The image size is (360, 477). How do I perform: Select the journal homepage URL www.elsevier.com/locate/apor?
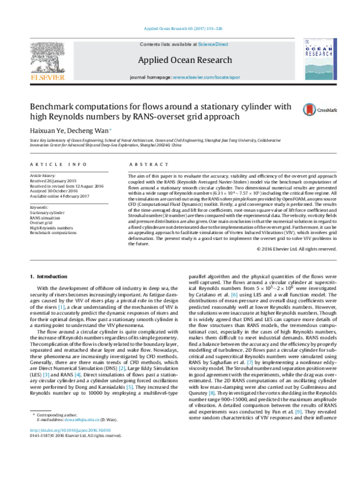(x=198, y=79)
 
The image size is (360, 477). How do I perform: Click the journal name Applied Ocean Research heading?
(x=180, y=61)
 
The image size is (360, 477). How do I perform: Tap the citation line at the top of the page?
(x=180, y=28)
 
